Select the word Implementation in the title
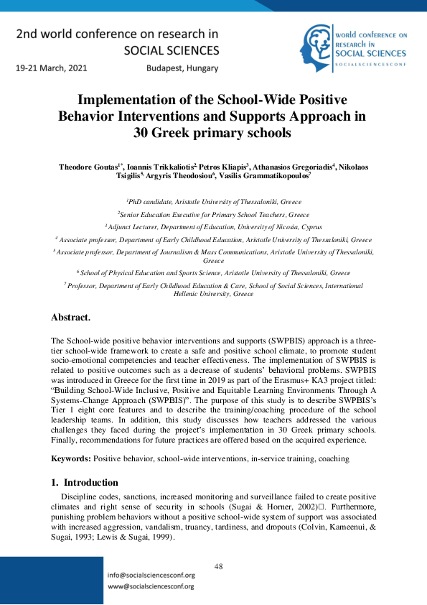click(x=125, y=100)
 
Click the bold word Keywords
click(x=70, y=458)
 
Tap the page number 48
click(x=219, y=566)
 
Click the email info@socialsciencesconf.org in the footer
click(x=149, y=576)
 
